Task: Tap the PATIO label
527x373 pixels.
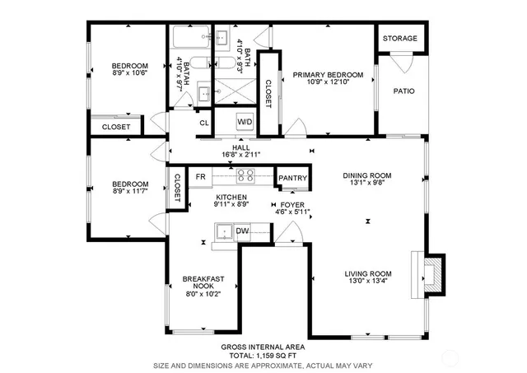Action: coord(403,91)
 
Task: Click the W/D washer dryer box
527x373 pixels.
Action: coord(245,123)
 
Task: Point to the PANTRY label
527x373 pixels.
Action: coord(292,178)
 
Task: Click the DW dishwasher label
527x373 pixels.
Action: coord(243,231)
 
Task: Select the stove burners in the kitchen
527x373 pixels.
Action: coord(245,175)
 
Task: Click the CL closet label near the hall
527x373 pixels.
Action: coord(204,124)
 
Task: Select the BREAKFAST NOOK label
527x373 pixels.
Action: coord(203,283)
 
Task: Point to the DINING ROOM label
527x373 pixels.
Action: coord(367,175)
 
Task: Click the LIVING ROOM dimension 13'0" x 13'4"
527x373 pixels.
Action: coord(366,283)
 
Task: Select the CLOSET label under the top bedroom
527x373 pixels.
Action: coord(115,128)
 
